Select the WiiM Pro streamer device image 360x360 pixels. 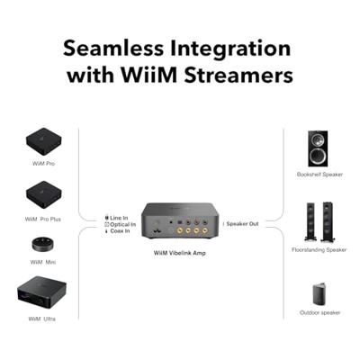(x=41, y=140)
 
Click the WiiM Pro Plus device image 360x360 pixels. (x=41, y=190)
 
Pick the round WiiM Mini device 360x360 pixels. (x=42, y=244)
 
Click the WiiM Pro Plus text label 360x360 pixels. (x=42, y=218)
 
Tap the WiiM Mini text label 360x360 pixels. (x=42, y=262)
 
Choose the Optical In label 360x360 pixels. (x=120, y=224)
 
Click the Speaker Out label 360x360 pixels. (x=242, y=223)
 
